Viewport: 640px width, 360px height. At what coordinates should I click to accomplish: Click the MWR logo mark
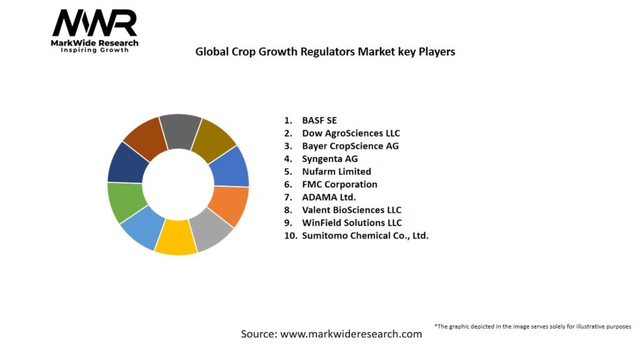coord(94,23)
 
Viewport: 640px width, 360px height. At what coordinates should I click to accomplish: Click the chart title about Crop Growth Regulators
coord(325,52)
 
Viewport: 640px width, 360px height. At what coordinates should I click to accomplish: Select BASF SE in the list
coord(319,120)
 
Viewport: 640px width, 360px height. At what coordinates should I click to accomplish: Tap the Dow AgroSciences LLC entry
coord(351,133)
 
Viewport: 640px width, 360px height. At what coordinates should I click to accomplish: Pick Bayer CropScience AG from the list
coord(350,146)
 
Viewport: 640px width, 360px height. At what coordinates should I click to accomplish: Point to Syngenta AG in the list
coord(330,159)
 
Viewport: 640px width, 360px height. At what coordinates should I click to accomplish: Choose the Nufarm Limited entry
coord(336,171)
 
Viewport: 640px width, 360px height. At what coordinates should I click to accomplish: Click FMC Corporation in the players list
coord(339,184)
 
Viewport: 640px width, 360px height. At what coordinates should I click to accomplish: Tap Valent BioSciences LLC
coord(351,210)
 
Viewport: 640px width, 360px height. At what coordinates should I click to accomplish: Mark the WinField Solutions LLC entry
coord(352,222)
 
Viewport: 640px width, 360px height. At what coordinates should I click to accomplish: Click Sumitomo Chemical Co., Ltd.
coord(365,236)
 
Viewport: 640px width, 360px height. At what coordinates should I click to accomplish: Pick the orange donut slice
coord(229,205)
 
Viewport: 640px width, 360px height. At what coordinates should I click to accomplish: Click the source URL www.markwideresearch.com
coord(351,334)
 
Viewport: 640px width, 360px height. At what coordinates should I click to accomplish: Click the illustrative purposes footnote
coord(532,326)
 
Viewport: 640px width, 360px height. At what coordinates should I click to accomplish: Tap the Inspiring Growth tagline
coord(94,50)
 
